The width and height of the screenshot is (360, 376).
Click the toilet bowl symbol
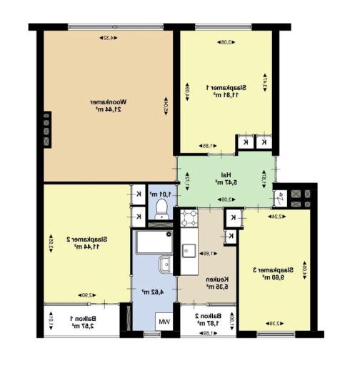click(x=161, y=209)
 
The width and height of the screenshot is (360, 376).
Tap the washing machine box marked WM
click(x=164, y=323)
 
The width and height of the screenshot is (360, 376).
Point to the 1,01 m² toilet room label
click(x=158, y=194)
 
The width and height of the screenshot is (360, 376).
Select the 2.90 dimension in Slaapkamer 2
click(x=84, y=295)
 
